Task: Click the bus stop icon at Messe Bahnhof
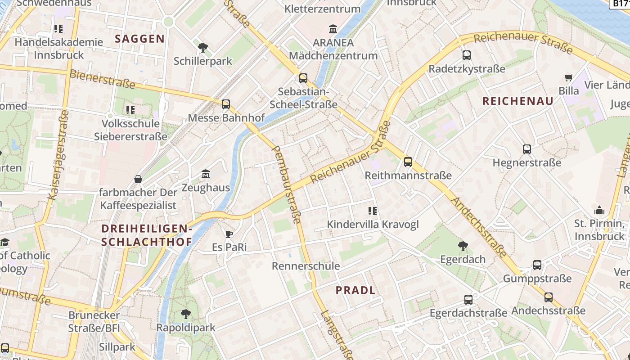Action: (226, 104)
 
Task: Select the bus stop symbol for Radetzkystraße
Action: (467, 55)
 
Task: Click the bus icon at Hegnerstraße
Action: (527, 149)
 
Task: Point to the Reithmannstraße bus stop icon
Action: (408, 162)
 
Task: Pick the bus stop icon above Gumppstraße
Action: (537, 265)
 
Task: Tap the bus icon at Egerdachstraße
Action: (468, 300)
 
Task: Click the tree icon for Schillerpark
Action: (203, 47)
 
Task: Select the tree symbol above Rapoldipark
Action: (186, 314)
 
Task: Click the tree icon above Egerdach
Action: (463, 246)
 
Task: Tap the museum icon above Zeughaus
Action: (206, 174)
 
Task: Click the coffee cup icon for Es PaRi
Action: (229, 234)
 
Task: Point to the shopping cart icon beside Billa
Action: (569, 77)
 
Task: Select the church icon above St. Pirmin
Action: (599, 210)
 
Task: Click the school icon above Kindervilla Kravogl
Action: (372, 211)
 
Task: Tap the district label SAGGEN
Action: (139, 39)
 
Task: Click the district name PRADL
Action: (355, 290)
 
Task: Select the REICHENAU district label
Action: (518, 101)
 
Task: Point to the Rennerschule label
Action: (306, 266)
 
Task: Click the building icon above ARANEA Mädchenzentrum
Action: (333, 29)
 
